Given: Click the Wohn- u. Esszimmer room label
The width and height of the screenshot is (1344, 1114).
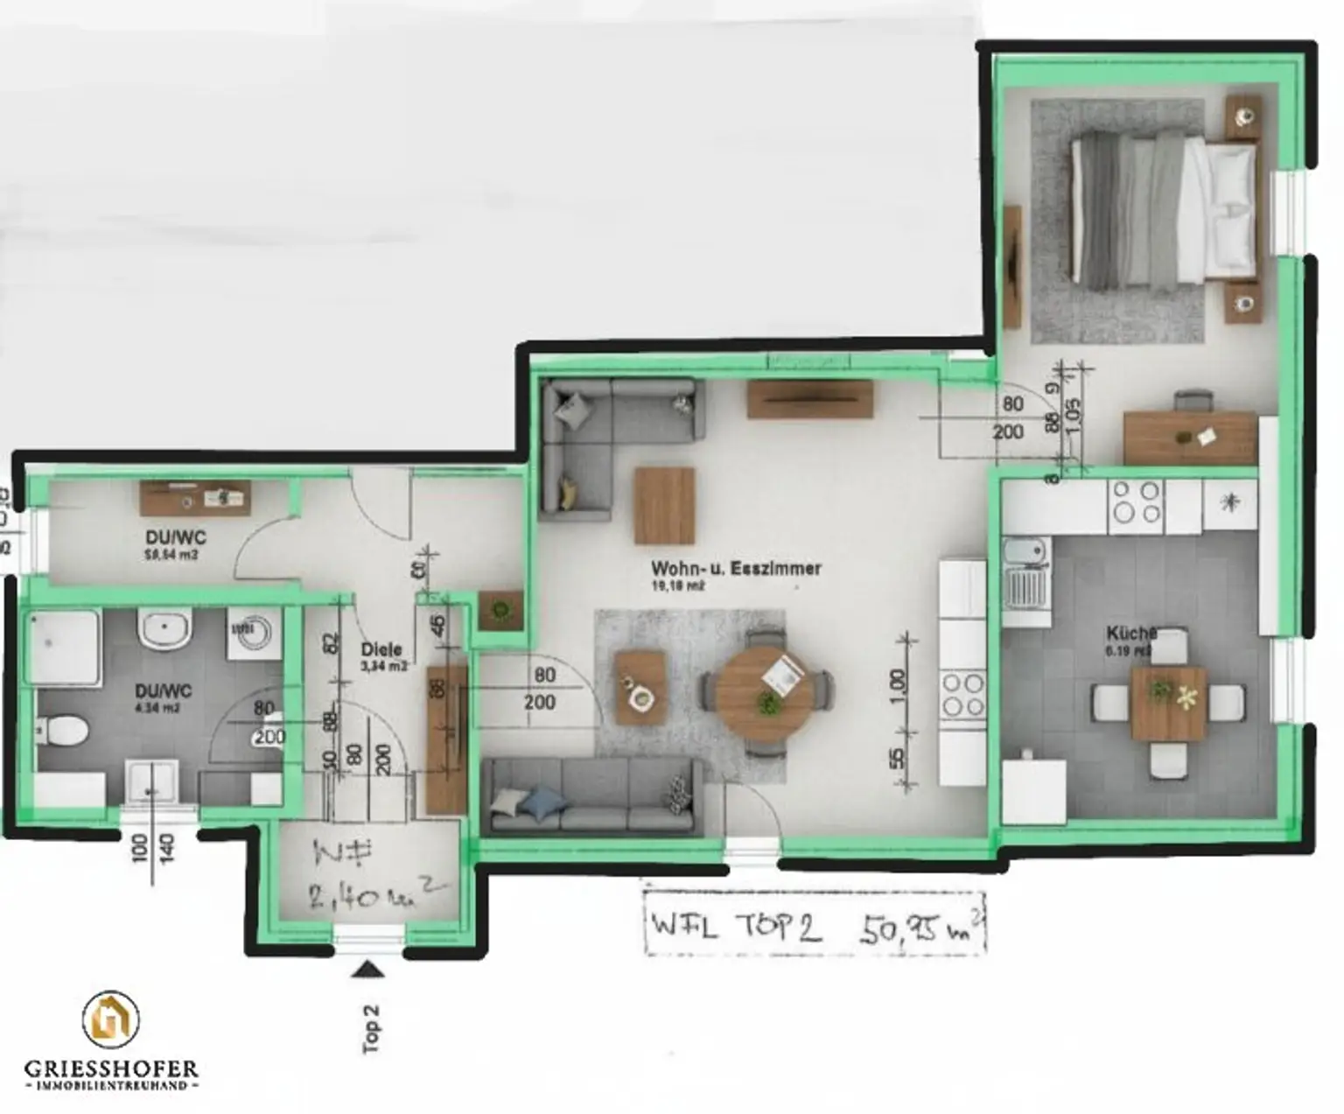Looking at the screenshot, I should pos(736,568).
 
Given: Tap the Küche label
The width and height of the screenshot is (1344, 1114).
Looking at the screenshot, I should pos(1131,633).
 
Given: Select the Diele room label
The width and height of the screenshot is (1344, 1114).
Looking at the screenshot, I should pos(381,649).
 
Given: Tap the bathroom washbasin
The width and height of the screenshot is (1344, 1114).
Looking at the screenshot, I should pos(164,629).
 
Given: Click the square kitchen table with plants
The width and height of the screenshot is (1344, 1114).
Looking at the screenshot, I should pos(1168,703).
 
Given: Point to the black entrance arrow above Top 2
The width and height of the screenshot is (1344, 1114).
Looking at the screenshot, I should pos(367,968).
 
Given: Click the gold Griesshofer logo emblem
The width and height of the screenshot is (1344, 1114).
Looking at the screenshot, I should pos(110,1019).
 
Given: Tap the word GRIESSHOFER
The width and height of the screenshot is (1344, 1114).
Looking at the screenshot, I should pos(111,1068).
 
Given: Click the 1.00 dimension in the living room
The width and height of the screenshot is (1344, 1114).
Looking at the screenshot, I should pos(899,683).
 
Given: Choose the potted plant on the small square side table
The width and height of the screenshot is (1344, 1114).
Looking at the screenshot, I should pos(500,609).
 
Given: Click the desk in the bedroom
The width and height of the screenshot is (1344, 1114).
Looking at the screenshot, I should pos(1190,437).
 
